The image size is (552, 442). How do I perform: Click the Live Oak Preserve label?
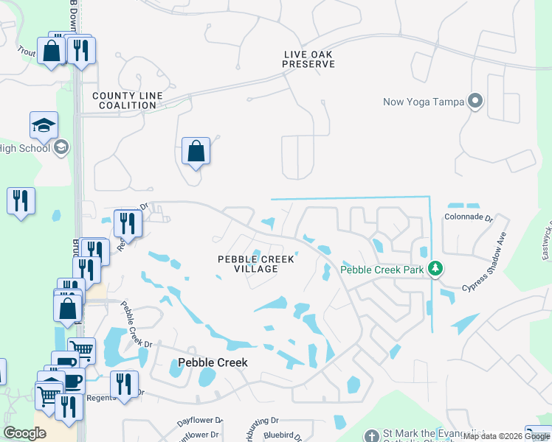click(308, 59)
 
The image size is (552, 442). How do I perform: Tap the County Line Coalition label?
click(124, 100)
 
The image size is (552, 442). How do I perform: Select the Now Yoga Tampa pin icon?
click(475, 102)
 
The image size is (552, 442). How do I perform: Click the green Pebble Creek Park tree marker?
click(435, 269)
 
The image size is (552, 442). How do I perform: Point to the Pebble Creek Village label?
click(256, 264)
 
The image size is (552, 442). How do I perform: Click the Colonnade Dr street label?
click(467, 217)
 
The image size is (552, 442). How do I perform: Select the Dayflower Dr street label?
click(199, 421)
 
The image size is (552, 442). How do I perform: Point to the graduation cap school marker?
click(44, 124)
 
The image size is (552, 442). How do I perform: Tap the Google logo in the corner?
click(24, 433)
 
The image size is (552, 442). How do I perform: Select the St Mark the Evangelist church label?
click(428, 435)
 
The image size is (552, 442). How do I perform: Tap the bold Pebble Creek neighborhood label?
click(213, 362)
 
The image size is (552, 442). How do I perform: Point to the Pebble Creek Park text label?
click(382, 270)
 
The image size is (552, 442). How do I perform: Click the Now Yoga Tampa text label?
click(424, 102)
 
